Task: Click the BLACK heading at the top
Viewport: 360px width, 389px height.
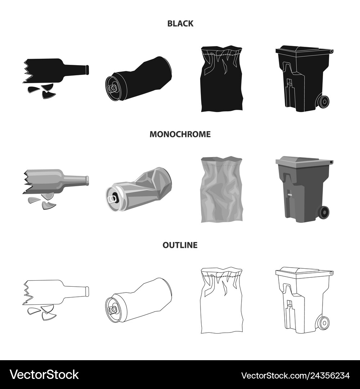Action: point(180,23)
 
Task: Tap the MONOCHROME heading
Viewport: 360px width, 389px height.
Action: point(180,134)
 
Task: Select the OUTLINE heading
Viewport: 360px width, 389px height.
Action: point(180,245)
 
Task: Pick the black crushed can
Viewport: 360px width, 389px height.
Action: point(138,79)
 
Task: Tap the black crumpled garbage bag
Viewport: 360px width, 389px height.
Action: point(221,79)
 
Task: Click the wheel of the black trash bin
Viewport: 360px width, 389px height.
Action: point(323,102)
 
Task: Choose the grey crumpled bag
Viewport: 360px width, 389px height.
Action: point(221,189)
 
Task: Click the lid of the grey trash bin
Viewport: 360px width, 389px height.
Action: point(304,160)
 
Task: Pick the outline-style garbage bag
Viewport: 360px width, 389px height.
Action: point(221,300)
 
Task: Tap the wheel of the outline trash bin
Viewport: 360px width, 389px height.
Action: point(323,323)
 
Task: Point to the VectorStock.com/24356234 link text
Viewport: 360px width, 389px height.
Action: point(295,375)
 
